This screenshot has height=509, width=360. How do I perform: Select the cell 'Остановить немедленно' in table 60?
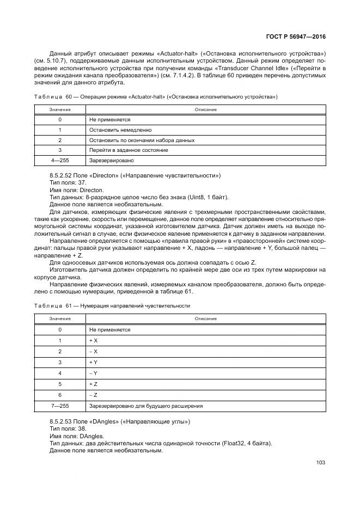pos(120,130)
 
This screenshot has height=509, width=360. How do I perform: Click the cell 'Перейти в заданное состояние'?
pos(128,150)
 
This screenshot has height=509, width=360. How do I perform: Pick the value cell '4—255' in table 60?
pos(59,160)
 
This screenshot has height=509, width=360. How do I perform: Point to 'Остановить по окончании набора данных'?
pos(141,140)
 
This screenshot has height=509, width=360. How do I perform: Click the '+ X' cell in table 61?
pos(93,340)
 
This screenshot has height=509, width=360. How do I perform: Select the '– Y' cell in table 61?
pos(93,373)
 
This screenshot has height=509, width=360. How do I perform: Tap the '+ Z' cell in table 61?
pos(93,384)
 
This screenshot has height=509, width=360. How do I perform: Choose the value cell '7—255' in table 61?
pos(59,406)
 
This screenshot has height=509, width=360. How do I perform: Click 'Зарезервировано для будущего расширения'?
pos(145,406)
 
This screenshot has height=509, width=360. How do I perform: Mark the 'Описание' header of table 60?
pos(205,109)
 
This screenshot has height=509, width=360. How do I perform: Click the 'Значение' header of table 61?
pos(59,318)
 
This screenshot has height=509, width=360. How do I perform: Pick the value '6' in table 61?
pos(59,395)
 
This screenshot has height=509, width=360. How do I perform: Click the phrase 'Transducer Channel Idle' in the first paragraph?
pos(252,69)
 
